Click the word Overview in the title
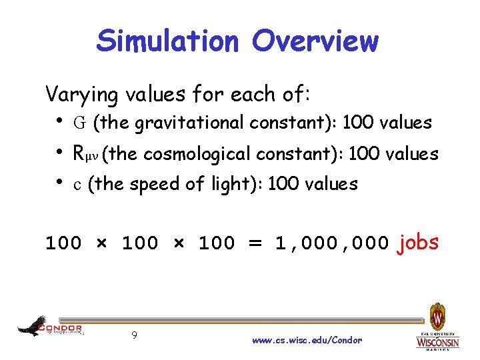point(315,41)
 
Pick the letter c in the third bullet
point(77,184)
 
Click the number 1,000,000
point(332,243)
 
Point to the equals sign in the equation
point(255,243)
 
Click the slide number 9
point(134,335)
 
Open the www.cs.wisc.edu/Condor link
point(307,340)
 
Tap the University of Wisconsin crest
point(437,317)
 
